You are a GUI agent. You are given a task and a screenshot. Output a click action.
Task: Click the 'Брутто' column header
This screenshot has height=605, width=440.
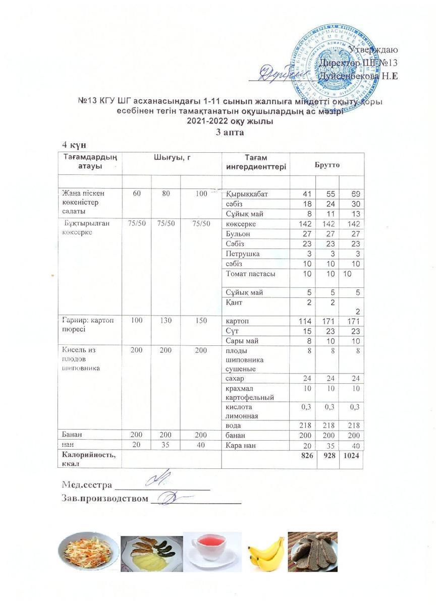[x=327, y=164]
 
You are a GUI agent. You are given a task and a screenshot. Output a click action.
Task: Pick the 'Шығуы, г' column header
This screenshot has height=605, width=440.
[x=172, y=158]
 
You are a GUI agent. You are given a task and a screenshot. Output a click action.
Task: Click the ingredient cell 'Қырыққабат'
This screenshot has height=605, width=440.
[x=248, y=194]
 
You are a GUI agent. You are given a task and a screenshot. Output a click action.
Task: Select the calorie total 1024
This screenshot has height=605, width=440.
[x=352, y=456]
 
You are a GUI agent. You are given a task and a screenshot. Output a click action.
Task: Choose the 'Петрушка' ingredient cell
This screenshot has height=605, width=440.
[x=244, y=254]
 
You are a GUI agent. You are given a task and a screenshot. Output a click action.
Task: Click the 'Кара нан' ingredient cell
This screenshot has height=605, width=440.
[x=243, y=446]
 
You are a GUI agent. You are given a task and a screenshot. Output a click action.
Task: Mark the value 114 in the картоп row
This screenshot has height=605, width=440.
[x=303, y=321]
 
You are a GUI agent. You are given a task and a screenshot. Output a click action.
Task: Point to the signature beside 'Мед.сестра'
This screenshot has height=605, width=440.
[x=159, y=478]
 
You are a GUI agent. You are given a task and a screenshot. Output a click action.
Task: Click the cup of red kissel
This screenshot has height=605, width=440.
[x=212, y=551]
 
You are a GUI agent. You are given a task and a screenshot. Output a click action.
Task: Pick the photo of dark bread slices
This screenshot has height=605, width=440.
[x=313, y=552]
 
